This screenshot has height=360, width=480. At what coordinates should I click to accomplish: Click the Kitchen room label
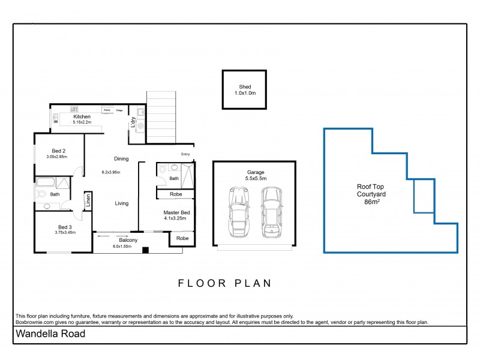point(82,118)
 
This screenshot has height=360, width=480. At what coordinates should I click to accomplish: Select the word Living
point(122,203)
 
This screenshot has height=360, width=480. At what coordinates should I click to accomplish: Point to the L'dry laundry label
point(133,121)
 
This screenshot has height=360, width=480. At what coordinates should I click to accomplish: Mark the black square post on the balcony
point(143,249)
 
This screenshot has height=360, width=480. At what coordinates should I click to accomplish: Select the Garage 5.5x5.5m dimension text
point(254,176)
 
